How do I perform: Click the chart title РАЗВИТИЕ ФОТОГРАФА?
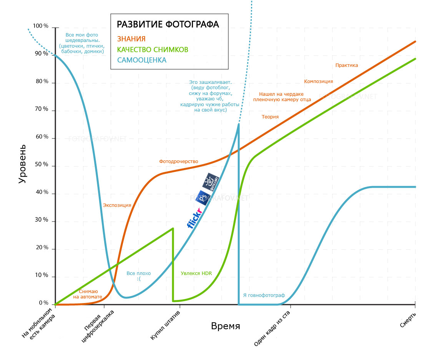168,25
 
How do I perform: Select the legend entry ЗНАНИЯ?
131,38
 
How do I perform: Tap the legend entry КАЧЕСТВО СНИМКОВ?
153,50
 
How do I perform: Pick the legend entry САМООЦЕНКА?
141,60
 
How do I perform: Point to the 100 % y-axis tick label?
41,26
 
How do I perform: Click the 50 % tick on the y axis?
41,165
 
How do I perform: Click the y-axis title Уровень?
23,163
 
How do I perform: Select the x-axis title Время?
226,327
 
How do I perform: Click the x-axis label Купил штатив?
165,327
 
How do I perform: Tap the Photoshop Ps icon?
202,197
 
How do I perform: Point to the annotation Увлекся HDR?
196,273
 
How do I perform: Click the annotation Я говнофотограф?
264,295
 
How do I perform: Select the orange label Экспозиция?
117,205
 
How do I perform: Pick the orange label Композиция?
318,82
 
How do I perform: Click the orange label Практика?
346,65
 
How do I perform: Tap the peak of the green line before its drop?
173,228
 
